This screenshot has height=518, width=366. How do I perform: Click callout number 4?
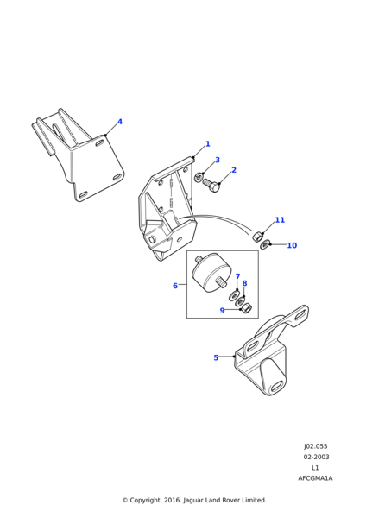click(120, 122)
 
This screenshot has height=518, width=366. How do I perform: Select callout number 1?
click(208, 144)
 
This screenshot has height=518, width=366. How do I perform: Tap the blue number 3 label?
click(218, 160)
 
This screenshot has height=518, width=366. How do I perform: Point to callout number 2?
click(234, 170)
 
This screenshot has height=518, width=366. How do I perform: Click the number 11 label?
click(280, 220)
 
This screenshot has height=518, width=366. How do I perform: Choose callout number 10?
click(292, 245)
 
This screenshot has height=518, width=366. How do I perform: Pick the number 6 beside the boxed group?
click(175, 286)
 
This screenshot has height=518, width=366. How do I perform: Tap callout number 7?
click(237, 276)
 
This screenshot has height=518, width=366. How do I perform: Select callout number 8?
click(244, 283)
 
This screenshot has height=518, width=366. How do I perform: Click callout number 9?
click(223, 311)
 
